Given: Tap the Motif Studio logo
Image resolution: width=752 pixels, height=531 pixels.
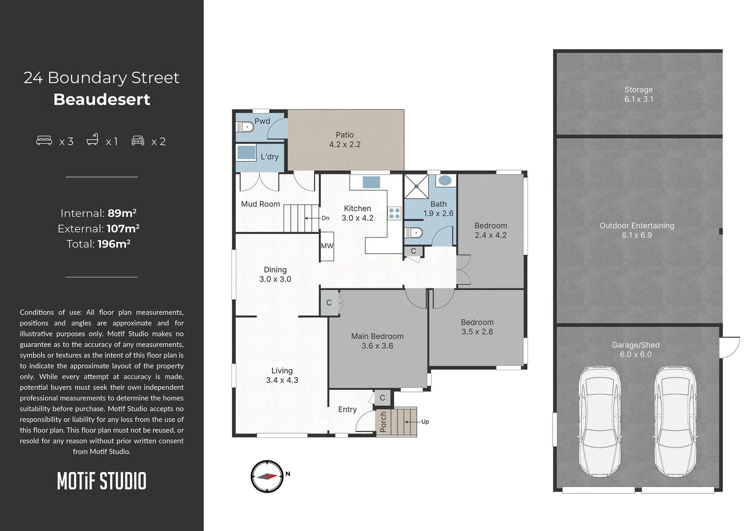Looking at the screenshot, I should pyautogui.click(x=101, y=481).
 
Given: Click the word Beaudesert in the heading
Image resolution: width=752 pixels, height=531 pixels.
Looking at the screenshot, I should pyautogui.click(x=101, y=99).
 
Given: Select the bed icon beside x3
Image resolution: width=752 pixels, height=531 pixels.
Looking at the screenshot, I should pyautogui.click(x=44, y=141).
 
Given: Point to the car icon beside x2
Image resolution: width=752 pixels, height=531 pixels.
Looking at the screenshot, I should pyautogui.click(x=138, y=141).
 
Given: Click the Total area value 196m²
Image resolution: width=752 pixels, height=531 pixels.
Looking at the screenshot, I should pyautogui.click(x=114, y=244).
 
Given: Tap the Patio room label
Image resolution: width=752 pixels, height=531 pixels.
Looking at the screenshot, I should pyautogui.click(x=345, y=135).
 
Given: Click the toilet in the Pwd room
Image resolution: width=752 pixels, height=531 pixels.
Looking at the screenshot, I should pyautogui.click(x=245, y=127).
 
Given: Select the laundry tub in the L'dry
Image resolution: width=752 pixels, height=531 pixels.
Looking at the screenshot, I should pyautogui.click(x=246, y=152).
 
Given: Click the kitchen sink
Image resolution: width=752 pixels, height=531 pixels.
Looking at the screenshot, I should pyautogui.click(x=371, y=182).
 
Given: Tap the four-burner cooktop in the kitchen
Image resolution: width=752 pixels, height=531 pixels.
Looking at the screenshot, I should pyautogui.click(x=394, y=213).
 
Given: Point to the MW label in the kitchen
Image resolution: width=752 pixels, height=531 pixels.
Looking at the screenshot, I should pyautogui.click(x=327, y=246).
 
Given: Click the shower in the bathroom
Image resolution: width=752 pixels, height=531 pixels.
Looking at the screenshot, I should pyautogui.click(x=416, y=186).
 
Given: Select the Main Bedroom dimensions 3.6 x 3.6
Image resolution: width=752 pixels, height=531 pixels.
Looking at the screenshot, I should pyautogui.click(x=377, y=346).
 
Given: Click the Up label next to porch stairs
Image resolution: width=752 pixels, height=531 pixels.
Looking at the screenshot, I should pyautogui.click(x=425, y=421).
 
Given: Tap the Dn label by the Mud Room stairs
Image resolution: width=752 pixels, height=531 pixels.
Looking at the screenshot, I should pyautogui.click(x=325, y=218).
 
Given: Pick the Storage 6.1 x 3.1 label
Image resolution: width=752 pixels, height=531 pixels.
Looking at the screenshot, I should pyautogui.click(x=638, y=94).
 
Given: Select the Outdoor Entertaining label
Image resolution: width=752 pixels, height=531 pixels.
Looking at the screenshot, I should pyautogui.click(x=636, y=226).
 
